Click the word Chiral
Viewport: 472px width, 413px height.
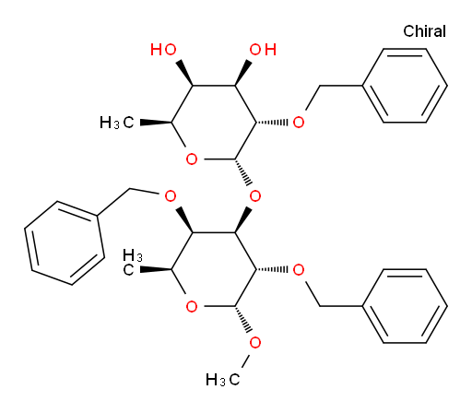click(x=424, y=31)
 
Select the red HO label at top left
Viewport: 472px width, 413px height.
click(x=163, y=50)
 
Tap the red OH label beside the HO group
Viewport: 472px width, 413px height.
click(x=263, y=50)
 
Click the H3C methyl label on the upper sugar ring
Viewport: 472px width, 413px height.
click(x=117, y=123)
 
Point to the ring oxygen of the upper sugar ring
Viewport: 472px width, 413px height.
click(x=192, y=159)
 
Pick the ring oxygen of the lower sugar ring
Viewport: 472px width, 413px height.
click(x=192, y=306)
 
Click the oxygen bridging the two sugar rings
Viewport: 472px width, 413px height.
click(x=255, y=195)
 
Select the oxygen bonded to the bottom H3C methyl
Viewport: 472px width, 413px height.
click(x=255, y=343)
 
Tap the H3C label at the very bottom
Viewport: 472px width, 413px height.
click(x=223, y=380)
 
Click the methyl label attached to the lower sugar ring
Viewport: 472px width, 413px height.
click(x=133, y=263)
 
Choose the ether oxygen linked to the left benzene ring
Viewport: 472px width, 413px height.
click(x=171, y=195)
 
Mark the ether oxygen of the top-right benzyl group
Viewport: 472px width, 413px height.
click(x=299, y=123)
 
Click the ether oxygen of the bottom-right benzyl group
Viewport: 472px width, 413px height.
click(x=299, y=269)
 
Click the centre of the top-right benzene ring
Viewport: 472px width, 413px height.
click(x=405, y=86)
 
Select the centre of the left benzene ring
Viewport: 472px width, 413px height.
click(x=65, y=242)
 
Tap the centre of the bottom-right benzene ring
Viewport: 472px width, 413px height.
click(x=405, y=306)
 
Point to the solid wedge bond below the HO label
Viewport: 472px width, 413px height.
click(x=184, y=74)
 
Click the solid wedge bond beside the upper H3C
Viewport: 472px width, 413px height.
click(x=156, y=123)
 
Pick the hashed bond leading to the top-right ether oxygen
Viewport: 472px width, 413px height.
click(x=272, y=123)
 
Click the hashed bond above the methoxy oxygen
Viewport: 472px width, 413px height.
click(x=243, y=319)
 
